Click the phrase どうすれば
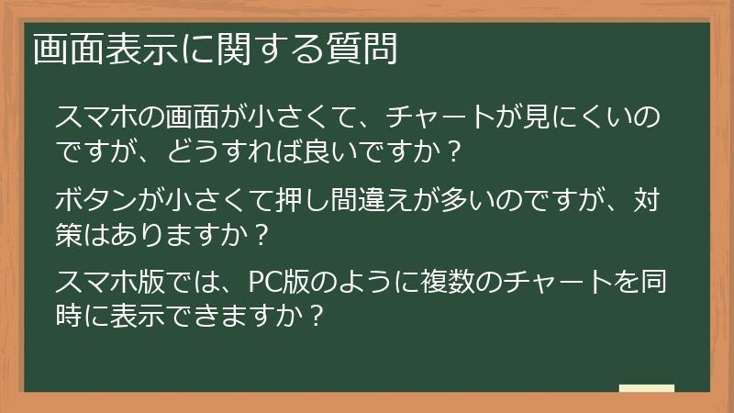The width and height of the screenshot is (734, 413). [247, 151]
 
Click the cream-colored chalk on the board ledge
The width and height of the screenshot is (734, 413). [647, 389]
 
